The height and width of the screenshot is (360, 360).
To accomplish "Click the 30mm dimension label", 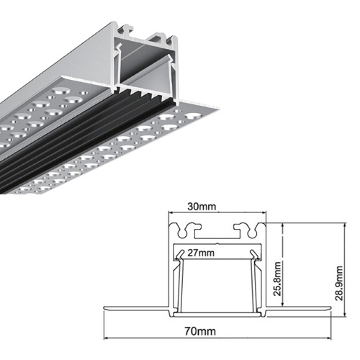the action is [202, 207].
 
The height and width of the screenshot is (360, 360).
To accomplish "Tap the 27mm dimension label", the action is [201, 253].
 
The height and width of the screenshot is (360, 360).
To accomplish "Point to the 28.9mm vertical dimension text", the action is [339, 283].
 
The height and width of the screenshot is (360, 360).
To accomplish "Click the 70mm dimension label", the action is [200, 331].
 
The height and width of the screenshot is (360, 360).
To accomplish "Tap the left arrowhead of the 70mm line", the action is [106, 338].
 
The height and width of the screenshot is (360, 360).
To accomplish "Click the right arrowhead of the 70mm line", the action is [329, 338].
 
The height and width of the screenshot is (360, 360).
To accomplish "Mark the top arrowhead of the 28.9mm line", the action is [345, 225].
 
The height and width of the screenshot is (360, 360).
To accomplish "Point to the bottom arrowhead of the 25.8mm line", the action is [284, 304].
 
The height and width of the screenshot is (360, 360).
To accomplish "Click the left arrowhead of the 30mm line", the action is [171, 212].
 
